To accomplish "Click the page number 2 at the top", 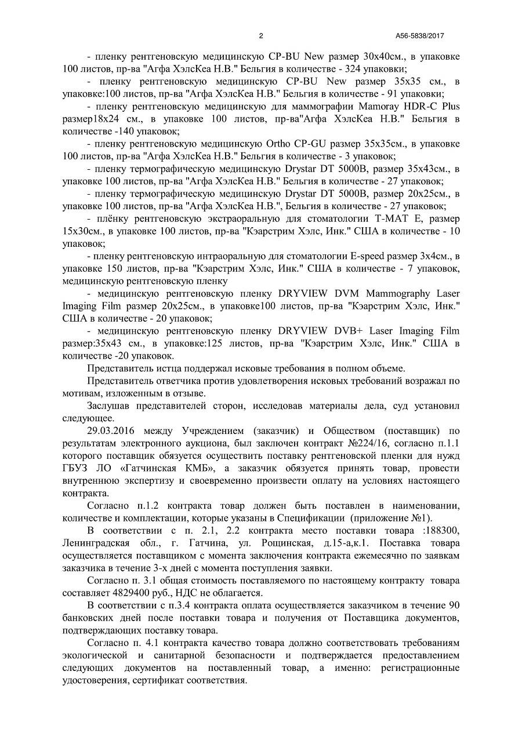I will click(x=261, y=36).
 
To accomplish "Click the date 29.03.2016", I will click(x=110, y=430).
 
